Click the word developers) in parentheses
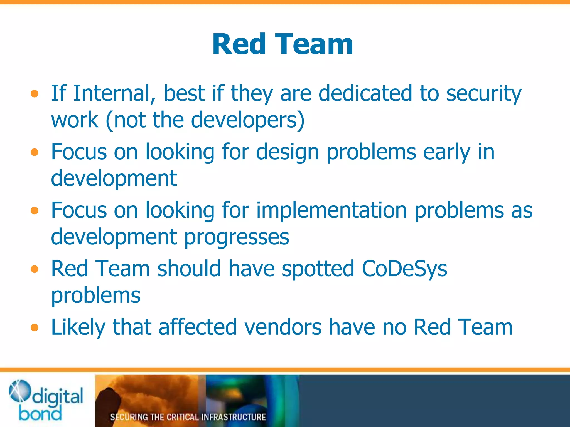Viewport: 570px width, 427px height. [248, 120]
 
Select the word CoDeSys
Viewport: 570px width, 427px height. [404, 269]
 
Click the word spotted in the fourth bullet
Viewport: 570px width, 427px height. [318, 269]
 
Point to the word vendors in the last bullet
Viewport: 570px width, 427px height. [283, 327]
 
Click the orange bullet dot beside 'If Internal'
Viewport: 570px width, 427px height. [35, 94]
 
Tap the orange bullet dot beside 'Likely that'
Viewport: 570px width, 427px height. [35, 327]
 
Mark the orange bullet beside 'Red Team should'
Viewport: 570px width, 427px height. [35, 269]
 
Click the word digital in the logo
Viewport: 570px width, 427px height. [58, 396]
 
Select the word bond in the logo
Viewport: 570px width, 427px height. [40, 413]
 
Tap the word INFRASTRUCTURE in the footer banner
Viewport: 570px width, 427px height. [234, 417]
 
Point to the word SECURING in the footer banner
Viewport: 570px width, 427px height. [129, 417]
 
